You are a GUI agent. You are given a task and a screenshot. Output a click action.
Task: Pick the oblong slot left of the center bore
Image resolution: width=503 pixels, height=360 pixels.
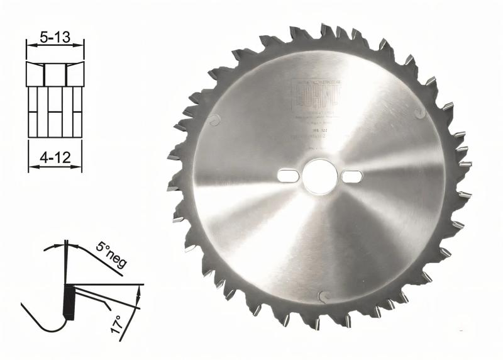coord(287,174)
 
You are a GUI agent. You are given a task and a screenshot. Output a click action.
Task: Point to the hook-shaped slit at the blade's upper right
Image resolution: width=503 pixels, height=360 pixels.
coord(419,112)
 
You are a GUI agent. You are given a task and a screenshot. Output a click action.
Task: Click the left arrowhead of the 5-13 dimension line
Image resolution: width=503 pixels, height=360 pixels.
coord(29,43)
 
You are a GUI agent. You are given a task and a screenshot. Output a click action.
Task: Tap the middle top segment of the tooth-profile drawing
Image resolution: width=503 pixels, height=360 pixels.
coord(55,74)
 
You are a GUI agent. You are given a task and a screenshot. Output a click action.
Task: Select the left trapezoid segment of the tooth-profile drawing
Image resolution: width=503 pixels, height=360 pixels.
coord(35,74)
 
